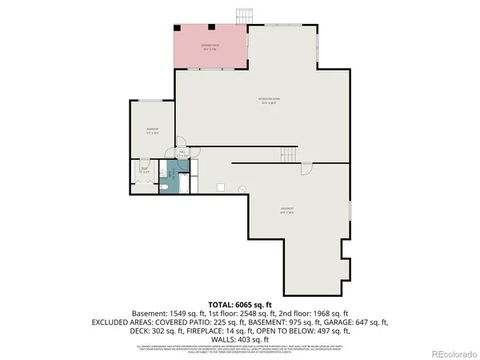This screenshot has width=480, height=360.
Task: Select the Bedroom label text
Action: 152,130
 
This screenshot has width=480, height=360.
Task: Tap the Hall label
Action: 182,153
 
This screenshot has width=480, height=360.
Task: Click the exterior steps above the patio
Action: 244,16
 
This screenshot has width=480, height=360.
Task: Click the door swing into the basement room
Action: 306,169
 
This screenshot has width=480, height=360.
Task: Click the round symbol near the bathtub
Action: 244,189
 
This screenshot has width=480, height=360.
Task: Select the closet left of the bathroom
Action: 144,175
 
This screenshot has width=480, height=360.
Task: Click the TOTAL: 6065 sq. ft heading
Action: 240,305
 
